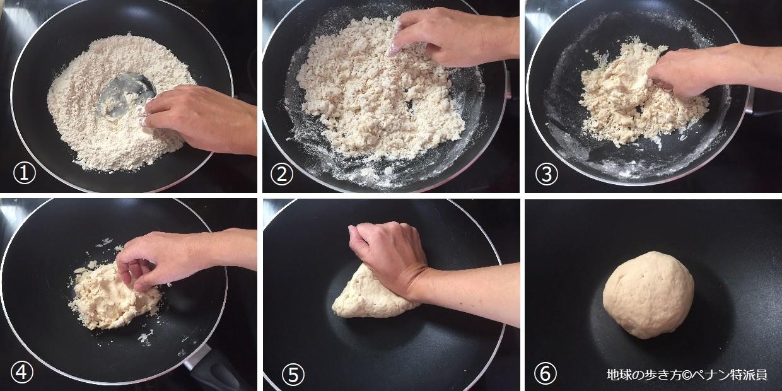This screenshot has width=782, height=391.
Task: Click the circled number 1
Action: tap(25, 173)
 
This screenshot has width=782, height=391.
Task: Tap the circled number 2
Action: tap(282, 173)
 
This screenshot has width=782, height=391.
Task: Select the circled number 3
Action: tap(547, 173)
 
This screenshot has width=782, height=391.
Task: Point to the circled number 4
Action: tap(22, 372)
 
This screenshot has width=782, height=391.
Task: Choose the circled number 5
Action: tap(293, 374)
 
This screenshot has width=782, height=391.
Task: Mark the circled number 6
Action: tap(546, 373)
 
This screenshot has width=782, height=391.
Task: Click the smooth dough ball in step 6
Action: tap(648, 295)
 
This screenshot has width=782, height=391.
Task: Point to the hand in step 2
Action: tap(454, 37)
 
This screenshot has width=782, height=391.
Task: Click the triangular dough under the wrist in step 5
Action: tap(370, 297)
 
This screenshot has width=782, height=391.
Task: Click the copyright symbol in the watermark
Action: tap(687, 375)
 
